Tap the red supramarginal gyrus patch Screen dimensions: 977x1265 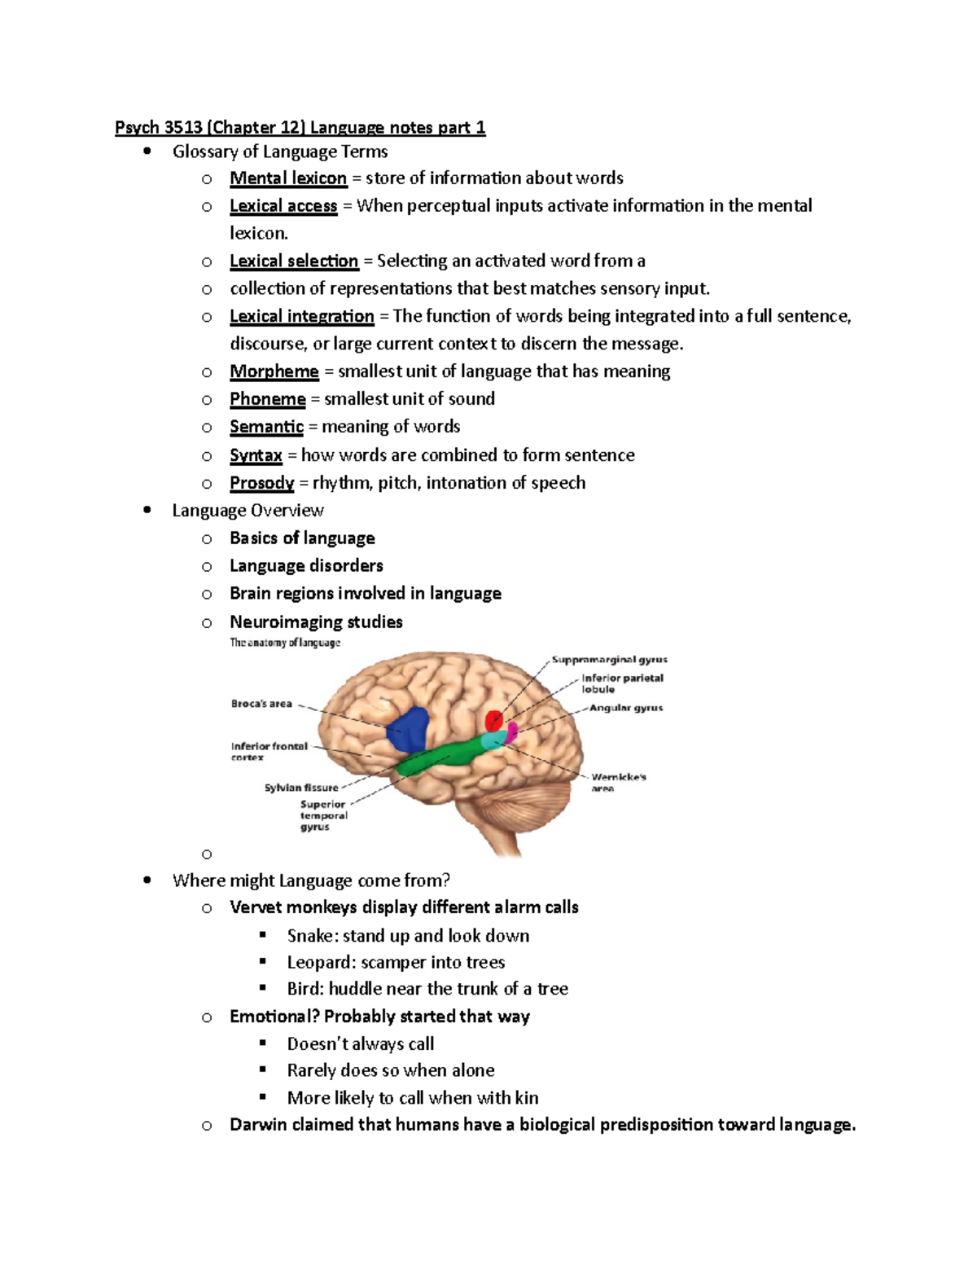(495, 721)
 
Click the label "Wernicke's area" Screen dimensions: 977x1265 (618, 782)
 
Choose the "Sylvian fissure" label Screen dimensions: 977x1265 (300, 788)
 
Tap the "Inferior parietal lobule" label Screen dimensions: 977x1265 (622, 683)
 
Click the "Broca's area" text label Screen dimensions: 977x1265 (261, 704)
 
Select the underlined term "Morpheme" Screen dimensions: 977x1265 (274, 371)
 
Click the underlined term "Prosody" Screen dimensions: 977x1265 (261, 483)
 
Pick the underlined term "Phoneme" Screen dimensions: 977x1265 (267, 399)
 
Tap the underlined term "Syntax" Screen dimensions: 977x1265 (256, 455)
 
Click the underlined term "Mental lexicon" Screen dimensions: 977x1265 (288, 178)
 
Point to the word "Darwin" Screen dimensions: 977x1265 (258, 1125)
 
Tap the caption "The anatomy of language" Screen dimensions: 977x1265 (285, 643)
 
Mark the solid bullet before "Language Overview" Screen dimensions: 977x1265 (147, 511)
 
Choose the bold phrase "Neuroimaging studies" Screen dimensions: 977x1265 (316, 622)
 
